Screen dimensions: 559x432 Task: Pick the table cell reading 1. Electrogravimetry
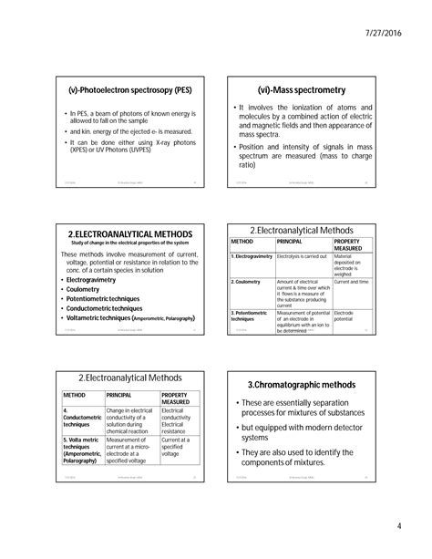point(252,258)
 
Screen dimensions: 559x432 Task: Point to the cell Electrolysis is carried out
point(300,258)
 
